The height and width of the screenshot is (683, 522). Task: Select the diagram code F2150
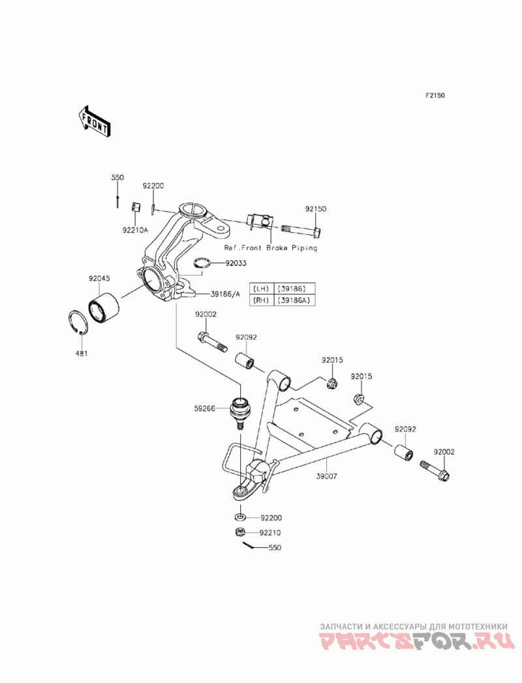(x=435, y=95)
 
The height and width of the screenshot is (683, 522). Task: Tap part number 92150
(x=315, y=209)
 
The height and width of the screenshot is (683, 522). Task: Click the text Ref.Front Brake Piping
(x=271, y=248)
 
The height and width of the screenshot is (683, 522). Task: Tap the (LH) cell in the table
(x=261, y=288)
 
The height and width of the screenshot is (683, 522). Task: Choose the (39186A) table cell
(x=294, y=300)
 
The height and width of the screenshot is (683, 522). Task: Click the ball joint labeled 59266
(x=240, y=412)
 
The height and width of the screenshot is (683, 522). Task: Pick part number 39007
(x=327, y=476)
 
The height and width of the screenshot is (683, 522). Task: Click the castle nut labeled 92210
(x=239, y=532)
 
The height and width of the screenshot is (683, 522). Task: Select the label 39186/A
(x=225, y=294)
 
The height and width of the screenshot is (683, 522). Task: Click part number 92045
(x=99, y=278)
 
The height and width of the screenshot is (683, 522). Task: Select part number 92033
(x=236, y=263)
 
